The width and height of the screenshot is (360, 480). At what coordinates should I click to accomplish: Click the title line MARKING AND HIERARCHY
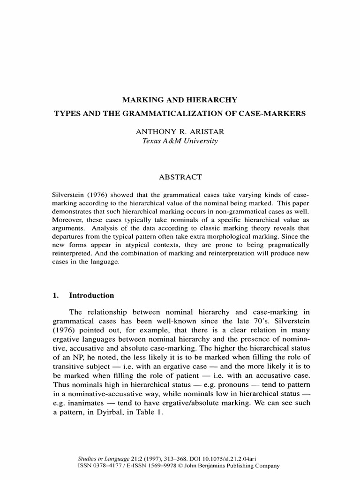tap(180, 100)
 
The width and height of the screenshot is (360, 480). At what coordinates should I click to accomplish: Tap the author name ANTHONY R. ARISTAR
tap(180, 132)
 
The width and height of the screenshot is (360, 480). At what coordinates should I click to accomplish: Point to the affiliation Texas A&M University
tap(180, 141)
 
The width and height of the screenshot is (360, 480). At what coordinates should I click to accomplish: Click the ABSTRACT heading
tap(180, 177)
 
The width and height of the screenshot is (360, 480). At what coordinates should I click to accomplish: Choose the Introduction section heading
tap(91, 295)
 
